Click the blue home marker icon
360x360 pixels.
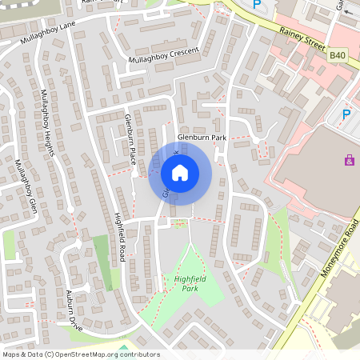[x=180, y=173]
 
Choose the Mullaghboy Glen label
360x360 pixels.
[x=25, y=186]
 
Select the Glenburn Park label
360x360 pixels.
[x=202, y=137]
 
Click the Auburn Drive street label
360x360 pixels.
[x=74, y=311]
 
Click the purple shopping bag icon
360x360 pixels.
[x=349, y=160]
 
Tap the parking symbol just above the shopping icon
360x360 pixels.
[x=346, y=114]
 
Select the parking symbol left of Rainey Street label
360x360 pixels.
[x=257, y=5]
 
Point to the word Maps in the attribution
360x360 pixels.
[x=12, y=354]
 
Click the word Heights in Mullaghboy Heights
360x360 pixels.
[x=49, y=146]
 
